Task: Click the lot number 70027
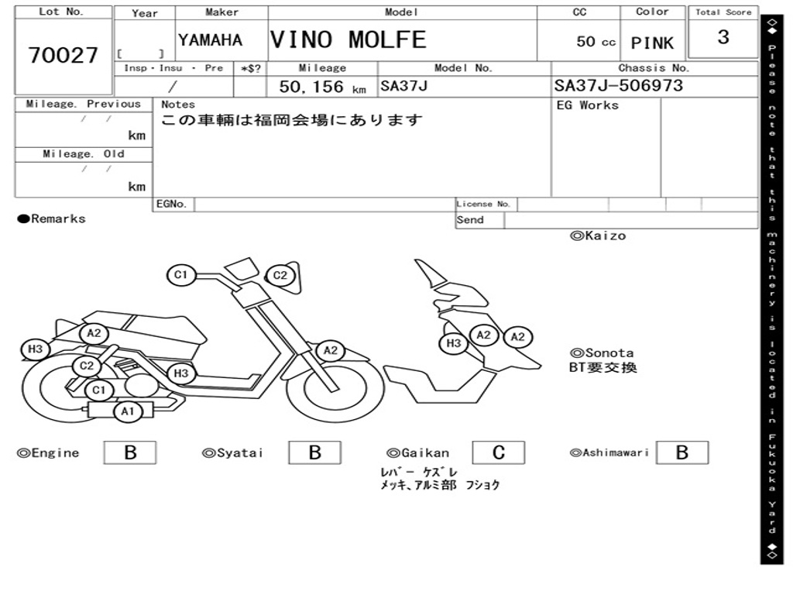click(64, 55)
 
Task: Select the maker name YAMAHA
click(211, 40)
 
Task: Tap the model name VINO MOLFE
click(348, 40)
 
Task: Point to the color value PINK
click(652, 43)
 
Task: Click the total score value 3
click(723, 37)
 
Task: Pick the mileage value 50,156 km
click(323, 87)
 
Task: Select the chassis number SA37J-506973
click(619, 85)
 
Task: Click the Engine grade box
click(130, 452)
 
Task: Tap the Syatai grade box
click(314, 452)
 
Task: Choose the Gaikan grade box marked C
click(499, 452)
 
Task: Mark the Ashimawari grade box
click(682, 452)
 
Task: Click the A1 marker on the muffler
click(128, 411)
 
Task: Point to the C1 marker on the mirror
click(181, 275)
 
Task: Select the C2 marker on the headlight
click(280, 276)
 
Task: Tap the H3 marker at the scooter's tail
click(36, 349)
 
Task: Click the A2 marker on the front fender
click(330, 351)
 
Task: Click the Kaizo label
click(599, 236)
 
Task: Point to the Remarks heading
click(52, 219)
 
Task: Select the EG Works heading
click(587, 105)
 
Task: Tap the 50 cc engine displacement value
click(596, 42)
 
